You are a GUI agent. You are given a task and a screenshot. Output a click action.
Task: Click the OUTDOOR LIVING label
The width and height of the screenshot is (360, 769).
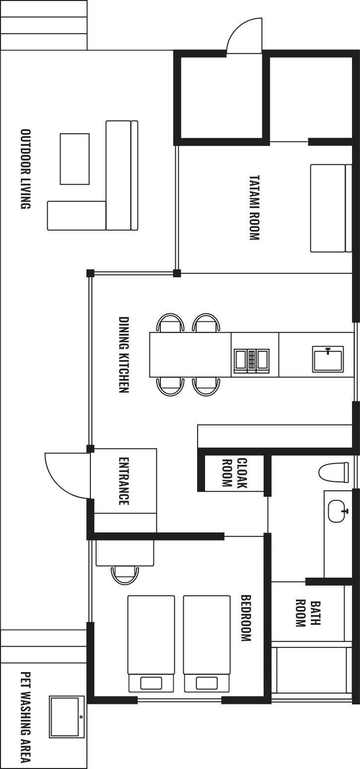pyautogui.click(x=26, y=169)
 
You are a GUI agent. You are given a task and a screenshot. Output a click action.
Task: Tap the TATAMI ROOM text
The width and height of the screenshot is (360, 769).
pyautogui.click(x=254, y=208)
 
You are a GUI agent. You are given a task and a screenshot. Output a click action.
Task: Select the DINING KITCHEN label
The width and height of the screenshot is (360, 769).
pyautogui.click(x=124, y=355)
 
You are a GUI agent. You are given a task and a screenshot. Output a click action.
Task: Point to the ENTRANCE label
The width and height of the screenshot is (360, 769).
pyautogui.click(x=124, y=481)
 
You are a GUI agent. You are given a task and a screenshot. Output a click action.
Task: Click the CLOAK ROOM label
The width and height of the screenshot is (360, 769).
pyautogui.click(x=235, y=473)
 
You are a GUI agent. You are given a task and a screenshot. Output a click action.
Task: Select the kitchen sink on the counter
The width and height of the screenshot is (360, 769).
pyautogui.click(x=328, y=359)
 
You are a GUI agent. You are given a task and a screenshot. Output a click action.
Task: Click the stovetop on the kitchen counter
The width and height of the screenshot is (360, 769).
pyautogui.click(x=252, y=361)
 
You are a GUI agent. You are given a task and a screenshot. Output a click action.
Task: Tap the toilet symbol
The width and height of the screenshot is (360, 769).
pyautogui.click(x=334, y=472)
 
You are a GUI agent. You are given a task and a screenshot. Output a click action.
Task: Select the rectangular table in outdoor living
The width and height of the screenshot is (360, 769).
pyautogui.click(x=75, y=159)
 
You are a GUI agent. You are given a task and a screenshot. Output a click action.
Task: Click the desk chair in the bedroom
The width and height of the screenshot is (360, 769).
pyautogui.click(x=125, y=575)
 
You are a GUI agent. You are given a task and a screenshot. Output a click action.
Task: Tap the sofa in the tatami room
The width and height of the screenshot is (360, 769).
pyautogui.click(x=331, y=208)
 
